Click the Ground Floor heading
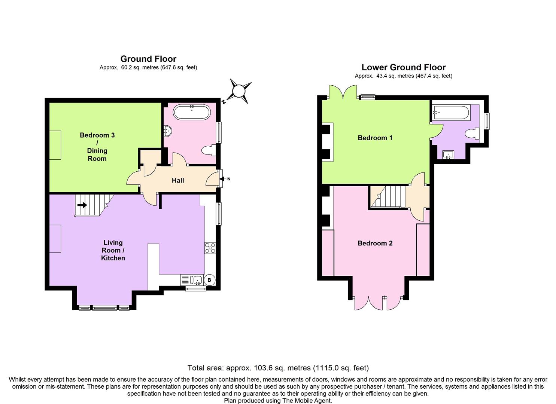pos(148,59)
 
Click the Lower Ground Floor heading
pos(403,67)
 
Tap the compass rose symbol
pos(239,91)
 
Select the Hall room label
pos(178,180)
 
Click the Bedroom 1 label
pos(375,138)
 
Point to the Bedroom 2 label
pos(375,243)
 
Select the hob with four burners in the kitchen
pos(210,248)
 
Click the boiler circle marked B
pos(209,280)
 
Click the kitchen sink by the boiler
pos(196,280)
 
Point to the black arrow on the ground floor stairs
pos(82,205)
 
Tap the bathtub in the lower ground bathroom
pos(451,113)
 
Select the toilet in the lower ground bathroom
pos(472,134)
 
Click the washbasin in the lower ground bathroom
pos(448,154)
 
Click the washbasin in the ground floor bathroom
pos(168,131)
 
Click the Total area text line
pos(278,368)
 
